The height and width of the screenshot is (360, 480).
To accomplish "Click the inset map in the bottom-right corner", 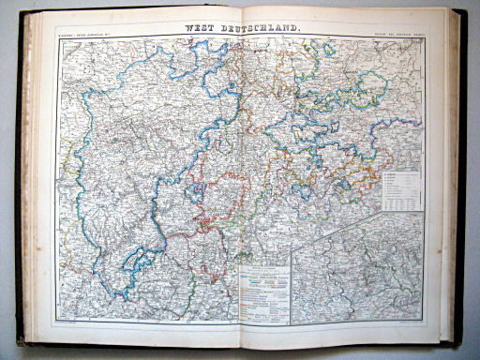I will coord(356,272).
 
